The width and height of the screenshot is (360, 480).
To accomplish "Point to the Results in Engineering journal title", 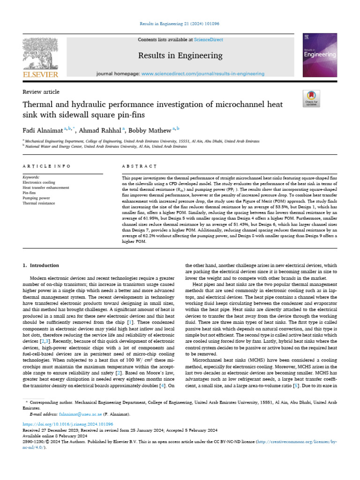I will (x=180, y=56).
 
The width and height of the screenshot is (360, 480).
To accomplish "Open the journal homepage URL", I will (x=202, y=74).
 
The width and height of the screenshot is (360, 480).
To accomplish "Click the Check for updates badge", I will (x=311, y=97).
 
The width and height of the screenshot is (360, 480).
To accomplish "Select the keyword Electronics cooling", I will (x=39, y=182).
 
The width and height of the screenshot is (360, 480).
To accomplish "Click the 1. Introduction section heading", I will (x=41, y=265).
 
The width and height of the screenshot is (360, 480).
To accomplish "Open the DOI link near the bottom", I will (x=68, y=424).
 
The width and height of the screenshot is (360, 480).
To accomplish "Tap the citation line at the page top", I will (x=180, y=24).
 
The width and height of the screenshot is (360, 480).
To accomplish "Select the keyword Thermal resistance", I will (x=38, y=203).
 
